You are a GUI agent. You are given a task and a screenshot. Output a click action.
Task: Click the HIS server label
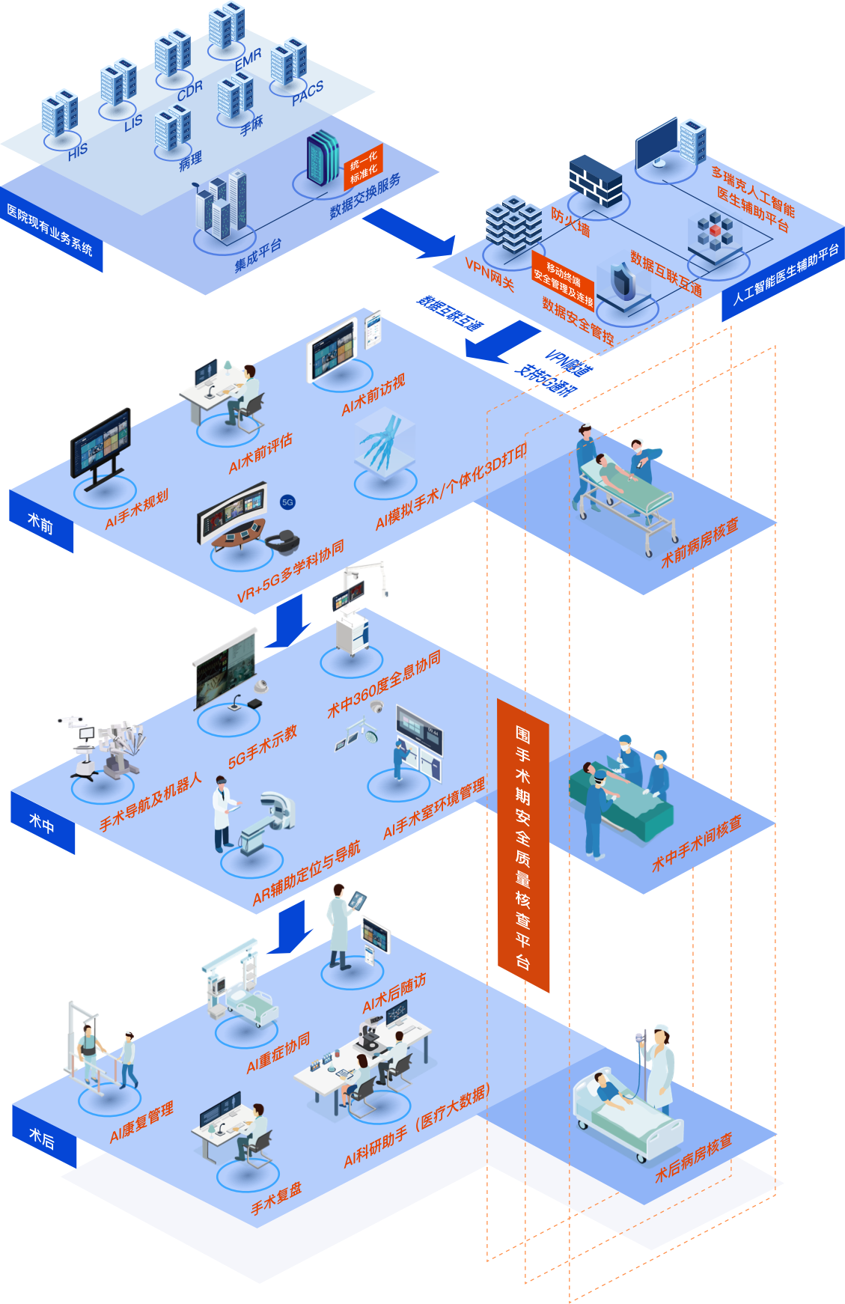(x=78, y=151)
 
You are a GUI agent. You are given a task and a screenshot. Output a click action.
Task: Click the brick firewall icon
(x=595, y=180)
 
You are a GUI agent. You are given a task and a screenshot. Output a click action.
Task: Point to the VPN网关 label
(x=489, y=274)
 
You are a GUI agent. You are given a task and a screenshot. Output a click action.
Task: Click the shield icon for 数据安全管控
(x=621, y=281)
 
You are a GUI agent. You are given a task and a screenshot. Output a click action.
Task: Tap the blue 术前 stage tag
(x=41, y=522)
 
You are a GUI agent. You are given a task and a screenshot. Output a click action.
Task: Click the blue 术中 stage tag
(x=42, y=823)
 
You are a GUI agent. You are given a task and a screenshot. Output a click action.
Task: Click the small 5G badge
(x=287, y=502)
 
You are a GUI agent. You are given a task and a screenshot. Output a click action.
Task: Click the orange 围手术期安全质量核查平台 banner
(x=523, y=845)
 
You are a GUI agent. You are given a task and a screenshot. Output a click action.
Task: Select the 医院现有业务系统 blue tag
(x=50, y=231)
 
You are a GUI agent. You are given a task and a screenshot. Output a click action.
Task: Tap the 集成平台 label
(x=257, y=255)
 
